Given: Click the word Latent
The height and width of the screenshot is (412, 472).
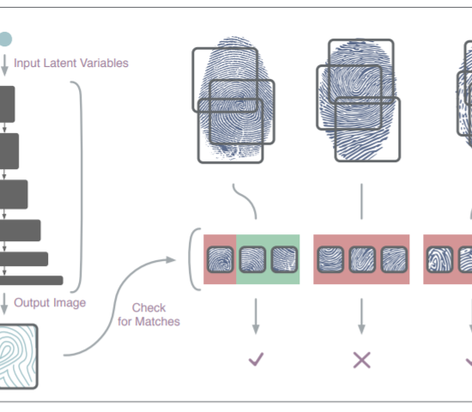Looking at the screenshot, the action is coord(60,63).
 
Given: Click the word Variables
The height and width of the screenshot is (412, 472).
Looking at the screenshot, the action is coord(104,63).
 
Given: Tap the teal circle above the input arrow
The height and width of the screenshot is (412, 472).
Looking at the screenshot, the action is coord(5,39).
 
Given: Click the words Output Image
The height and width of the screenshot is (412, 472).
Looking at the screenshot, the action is coord(50,303).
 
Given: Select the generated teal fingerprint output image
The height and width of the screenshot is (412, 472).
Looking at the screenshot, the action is coord(18,356).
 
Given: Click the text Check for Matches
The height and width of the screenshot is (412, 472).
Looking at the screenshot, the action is coord(148,314).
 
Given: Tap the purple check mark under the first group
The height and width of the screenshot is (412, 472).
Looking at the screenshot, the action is coord(257,359).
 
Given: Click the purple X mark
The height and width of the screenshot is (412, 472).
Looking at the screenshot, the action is coord(361,360).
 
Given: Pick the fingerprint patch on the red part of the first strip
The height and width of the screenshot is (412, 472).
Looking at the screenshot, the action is coord(221,259).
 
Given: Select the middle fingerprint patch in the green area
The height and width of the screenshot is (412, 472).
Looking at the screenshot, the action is coord(252,259).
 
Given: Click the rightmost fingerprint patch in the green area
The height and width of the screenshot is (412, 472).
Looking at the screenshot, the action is coord(284,259).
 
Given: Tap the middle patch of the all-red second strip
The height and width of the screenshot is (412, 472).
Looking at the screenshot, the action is coord(362,259).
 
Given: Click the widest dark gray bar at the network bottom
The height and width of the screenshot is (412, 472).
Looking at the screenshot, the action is coord(31,281).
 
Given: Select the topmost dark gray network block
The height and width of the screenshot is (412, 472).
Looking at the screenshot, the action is coord(7,104).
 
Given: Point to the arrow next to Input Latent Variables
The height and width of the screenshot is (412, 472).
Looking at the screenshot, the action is coord(4,65).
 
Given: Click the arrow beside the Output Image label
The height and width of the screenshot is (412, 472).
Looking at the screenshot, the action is coord(4,304).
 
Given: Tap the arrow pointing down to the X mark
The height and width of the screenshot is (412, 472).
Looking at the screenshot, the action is coord(361,316).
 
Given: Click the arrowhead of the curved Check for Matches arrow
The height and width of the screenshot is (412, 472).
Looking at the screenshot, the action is coord(171,259).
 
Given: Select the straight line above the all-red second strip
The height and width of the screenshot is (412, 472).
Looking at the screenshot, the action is coord(361,202).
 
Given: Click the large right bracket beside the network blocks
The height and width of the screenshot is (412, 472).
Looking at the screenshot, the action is coord(81,187).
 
